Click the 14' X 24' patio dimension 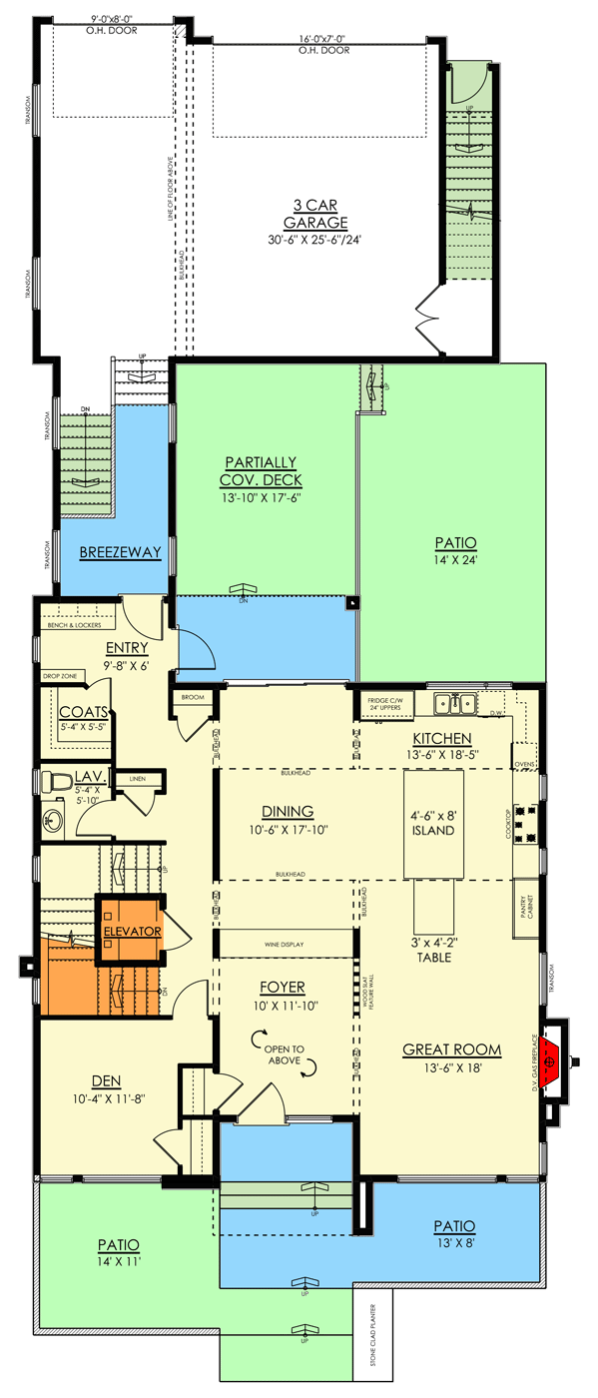(x=449, y=559)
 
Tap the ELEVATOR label (x=132, y=931)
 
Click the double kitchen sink (x=453, y=703)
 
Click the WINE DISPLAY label (x=285, y=944)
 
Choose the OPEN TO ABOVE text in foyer (x=288, y=1055)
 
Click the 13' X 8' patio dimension (x=454, y=1241)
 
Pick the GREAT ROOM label (x=451, y=1049)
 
